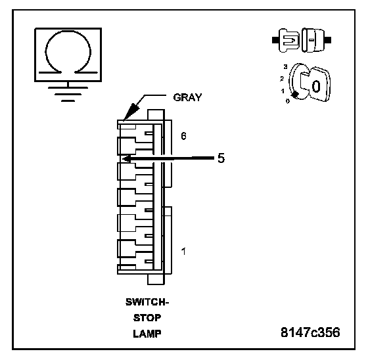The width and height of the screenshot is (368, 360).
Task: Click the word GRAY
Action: click(187, 97)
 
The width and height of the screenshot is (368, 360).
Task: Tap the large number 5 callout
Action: click(221, 158)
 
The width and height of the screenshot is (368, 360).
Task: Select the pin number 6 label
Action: click(183, 136)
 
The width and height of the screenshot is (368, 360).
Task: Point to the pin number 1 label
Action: click(183, 252)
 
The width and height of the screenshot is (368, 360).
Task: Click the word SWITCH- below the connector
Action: click(147, 302)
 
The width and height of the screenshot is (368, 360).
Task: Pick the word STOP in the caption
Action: click(147, 318)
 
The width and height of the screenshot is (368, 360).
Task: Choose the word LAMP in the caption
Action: click(147, 334)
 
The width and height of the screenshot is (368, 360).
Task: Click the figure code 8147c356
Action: click(310, 332)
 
